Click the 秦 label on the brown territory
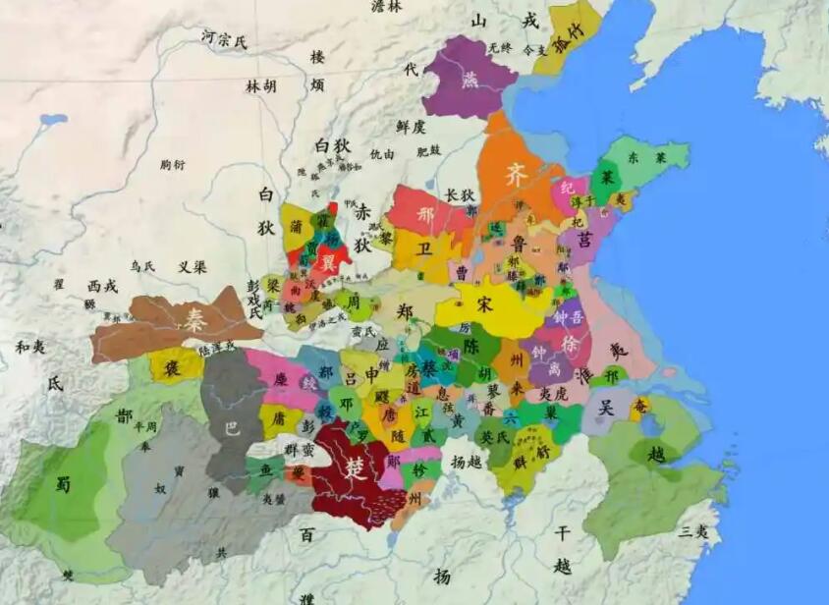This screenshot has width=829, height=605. point(193,317)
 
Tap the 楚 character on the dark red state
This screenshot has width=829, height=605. point(357,468)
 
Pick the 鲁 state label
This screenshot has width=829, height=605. point(518,244)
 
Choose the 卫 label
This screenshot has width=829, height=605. point(423,249)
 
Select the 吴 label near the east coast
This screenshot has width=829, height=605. point(606,408)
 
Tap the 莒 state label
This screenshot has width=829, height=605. point(586,240)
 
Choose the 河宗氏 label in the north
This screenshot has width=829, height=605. point(224,39)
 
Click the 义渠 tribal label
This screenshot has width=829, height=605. point(192,266)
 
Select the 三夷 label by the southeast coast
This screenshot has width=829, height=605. point(693,531)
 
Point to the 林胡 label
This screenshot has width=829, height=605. point(261,85)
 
